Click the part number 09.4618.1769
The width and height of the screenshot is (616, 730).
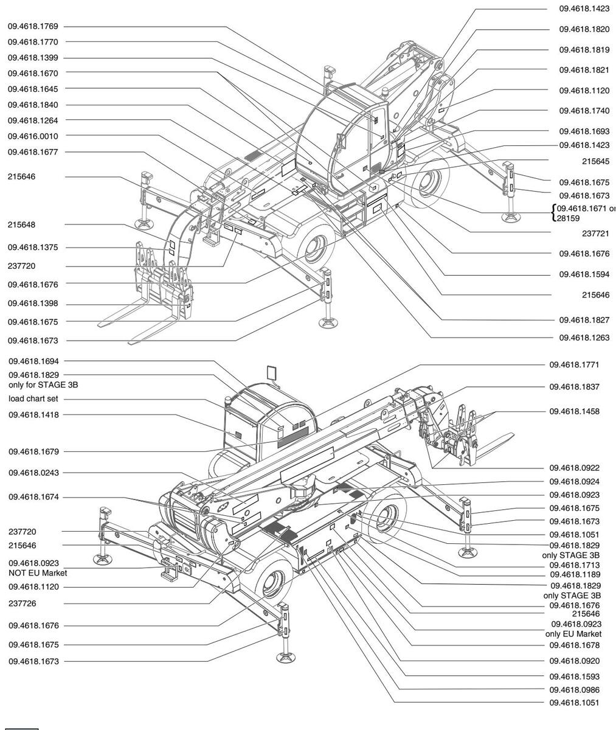pos(33,26)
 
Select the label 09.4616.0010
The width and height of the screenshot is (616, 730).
pos(33,136)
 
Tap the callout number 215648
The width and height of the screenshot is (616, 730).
pos(21,224)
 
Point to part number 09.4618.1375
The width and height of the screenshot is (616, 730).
pos(33,248)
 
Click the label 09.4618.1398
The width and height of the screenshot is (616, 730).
pos(33,304)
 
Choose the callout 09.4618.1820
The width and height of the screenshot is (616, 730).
pos(584,29)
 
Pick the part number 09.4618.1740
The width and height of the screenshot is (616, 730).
pos(584,111)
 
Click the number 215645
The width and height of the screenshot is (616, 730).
pos(595,161)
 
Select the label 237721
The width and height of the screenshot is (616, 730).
pos(595,234)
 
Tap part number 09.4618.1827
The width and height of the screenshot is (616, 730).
pos(584,319)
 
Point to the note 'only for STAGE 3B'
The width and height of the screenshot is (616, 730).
pos(43,384)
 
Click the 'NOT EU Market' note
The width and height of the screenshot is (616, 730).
pos(38,573)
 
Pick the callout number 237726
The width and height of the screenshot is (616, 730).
pos(21,604)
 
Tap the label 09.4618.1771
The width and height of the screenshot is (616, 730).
pos(575,365)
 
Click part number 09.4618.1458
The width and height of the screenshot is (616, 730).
pos(575,411)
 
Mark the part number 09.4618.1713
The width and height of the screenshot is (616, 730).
pos(575,565)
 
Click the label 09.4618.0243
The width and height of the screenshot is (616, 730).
pos(33,473)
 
